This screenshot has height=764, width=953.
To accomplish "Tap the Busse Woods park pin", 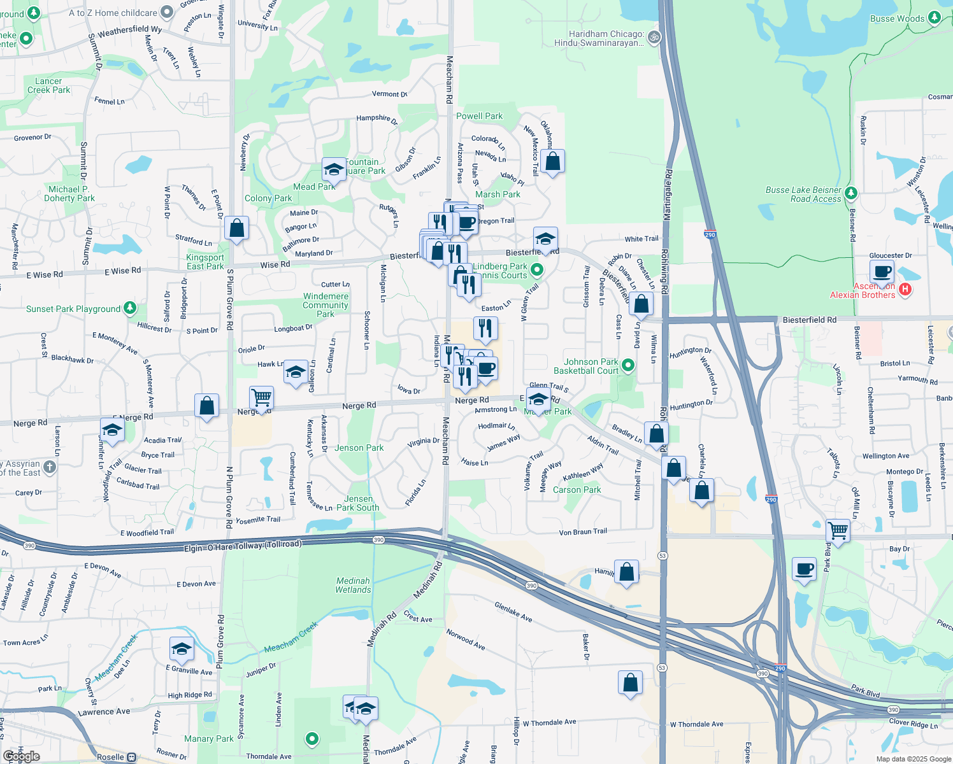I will click(934, 17).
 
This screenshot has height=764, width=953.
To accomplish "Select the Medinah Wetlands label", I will click(353, 585).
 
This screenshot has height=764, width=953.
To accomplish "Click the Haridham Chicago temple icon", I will click(653, 38).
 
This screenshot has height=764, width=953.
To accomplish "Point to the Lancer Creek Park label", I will click(48, 85).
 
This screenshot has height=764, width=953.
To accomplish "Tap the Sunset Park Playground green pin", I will click(130, 308).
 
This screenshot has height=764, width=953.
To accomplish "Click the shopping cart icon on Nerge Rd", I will click(261, 398).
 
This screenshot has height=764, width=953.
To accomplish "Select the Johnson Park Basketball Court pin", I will click(628, 365).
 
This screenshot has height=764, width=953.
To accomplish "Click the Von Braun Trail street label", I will click(583, 532).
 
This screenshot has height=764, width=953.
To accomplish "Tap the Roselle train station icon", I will click(131, 757).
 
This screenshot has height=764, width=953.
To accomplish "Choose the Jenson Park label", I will click(359, 448).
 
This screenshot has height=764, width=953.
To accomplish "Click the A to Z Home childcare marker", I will click(167, 12).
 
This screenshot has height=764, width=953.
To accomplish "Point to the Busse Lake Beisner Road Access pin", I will click(851, 193).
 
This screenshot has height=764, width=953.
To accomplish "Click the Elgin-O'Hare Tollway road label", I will click(243, 546).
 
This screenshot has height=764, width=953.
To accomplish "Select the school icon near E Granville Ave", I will click(182, 649).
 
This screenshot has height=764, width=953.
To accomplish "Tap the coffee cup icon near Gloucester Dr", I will click(882, 272).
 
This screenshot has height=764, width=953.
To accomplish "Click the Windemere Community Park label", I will click(326, 305).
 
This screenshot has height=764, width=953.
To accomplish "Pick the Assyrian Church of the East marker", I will click(50, 467).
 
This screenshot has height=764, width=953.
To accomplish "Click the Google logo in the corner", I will click(21, 756).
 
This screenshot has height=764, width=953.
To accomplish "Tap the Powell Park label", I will click(479, 116).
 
